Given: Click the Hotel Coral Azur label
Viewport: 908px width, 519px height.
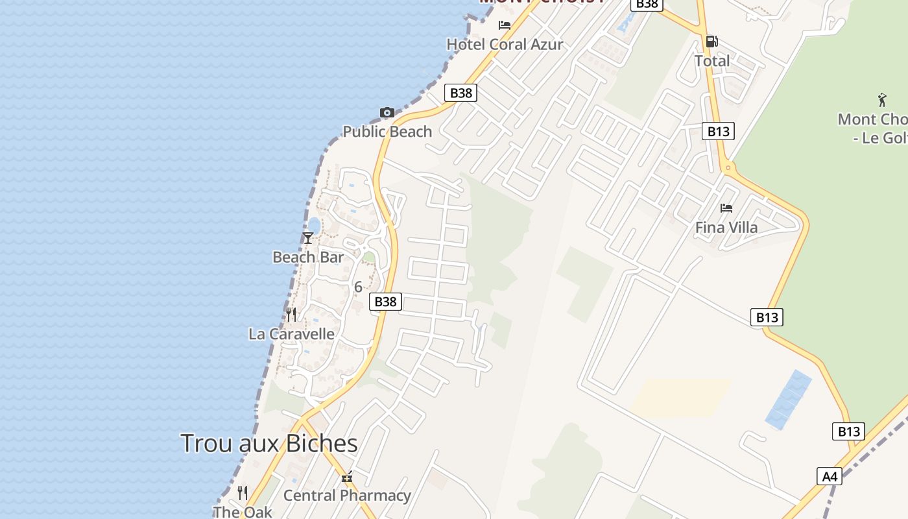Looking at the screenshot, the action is (505, 44).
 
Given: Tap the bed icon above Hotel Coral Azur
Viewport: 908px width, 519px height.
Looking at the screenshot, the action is (505, 25).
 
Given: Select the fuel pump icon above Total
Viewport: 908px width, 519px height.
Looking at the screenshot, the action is (711, 42).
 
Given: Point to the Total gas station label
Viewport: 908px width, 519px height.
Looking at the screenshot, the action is (711, 61).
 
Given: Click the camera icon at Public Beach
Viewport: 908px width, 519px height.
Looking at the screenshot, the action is (387, 113).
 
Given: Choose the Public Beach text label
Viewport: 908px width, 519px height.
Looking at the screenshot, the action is (387, 132).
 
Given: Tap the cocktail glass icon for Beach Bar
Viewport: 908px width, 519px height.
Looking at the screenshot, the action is (308, 238).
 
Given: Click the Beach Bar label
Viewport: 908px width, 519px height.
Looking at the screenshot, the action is (308, 258).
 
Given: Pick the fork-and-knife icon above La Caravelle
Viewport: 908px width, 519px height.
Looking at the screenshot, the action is (291, 315).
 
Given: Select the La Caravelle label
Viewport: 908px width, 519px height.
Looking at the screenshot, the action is (291, 334).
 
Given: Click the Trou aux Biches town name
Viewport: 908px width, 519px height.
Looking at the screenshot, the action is (269, 444).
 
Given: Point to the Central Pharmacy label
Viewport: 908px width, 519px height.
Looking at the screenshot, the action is (347, 496).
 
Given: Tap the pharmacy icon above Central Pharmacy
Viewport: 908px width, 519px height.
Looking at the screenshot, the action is (347, 477).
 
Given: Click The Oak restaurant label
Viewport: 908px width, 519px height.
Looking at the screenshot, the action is (243, 512).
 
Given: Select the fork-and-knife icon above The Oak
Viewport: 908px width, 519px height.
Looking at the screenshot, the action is (243, 493).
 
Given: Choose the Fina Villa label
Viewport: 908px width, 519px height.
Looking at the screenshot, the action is (726, 228).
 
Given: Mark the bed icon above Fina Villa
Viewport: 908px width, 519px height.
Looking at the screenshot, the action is (726, 208).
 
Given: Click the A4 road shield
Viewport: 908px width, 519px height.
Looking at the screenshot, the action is (830, 477).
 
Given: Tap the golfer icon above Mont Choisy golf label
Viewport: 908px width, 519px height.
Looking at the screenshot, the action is (882, 100).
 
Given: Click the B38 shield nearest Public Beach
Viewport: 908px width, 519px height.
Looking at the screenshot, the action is (461, 93).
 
